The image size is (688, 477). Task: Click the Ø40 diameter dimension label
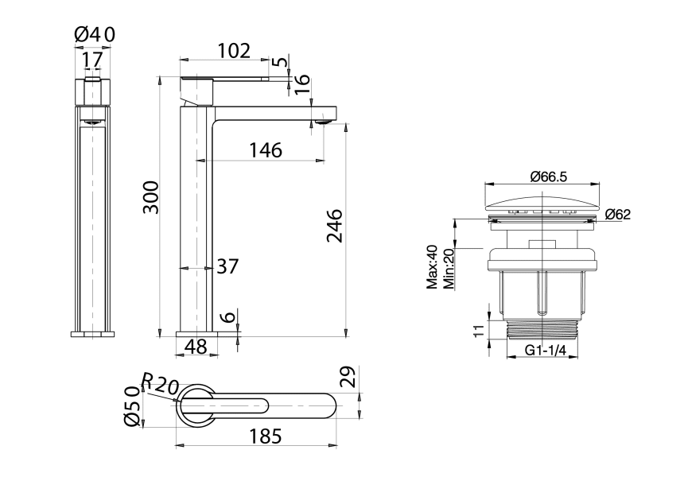coord(95,34)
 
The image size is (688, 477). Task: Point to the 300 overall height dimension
coord(151,197)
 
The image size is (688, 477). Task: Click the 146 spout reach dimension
coord(265,149)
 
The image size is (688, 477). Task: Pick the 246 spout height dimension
coord(334,226)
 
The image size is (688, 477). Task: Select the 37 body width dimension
coord(227,266)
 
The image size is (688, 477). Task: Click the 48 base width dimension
coord(196,347)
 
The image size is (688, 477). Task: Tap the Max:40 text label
coord(432,268)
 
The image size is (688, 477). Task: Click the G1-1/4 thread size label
coord(544,350)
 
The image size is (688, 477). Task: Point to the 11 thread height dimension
coord(479,331)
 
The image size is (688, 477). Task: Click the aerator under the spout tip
coord(323,122)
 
